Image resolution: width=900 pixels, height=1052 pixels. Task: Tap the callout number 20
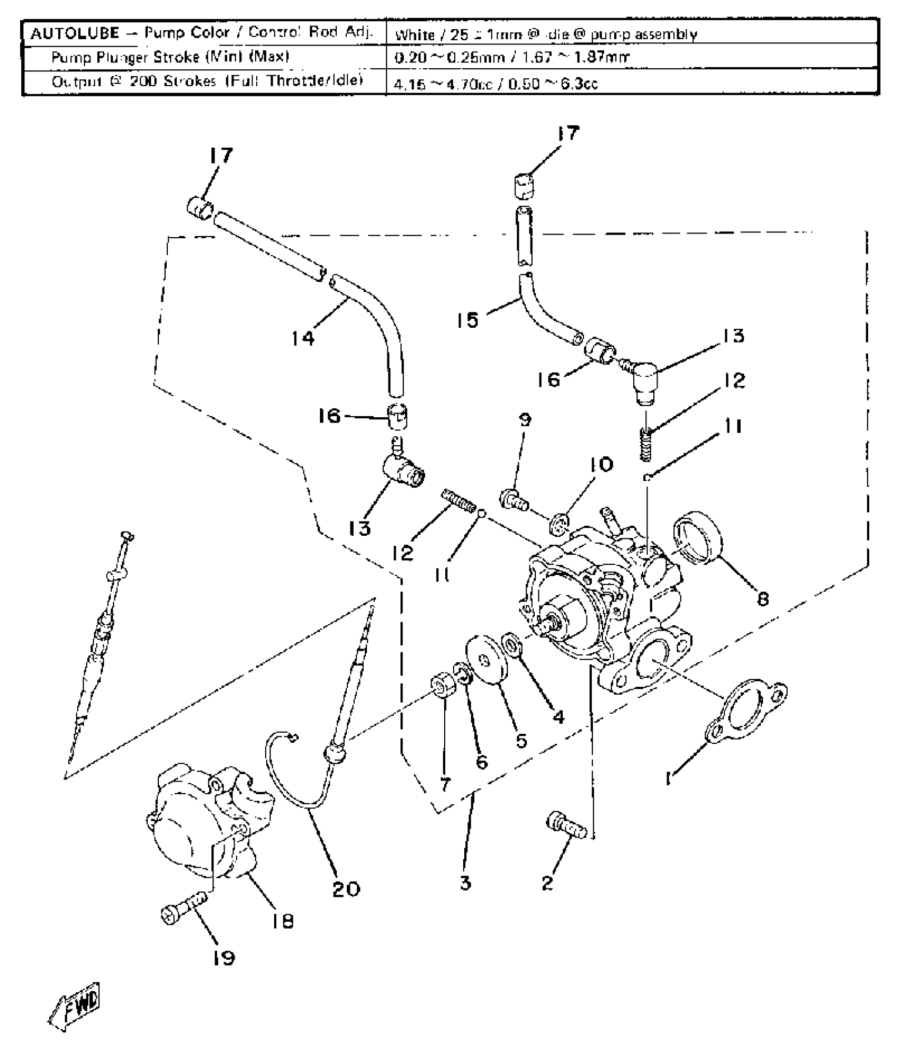point(346,889)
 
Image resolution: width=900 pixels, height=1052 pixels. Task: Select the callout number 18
point(283,922)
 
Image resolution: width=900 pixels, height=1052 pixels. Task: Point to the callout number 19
point(223,958)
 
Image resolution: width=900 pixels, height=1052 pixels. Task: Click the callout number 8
point(762,599)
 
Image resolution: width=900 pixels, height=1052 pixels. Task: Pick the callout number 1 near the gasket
point(669,778)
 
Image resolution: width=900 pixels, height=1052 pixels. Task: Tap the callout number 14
point(303,338)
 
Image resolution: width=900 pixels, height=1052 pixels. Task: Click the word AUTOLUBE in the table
point(75,34)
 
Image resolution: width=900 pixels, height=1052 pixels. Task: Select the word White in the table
point(415,35)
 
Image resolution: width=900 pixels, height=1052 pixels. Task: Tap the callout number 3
point(465,883)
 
